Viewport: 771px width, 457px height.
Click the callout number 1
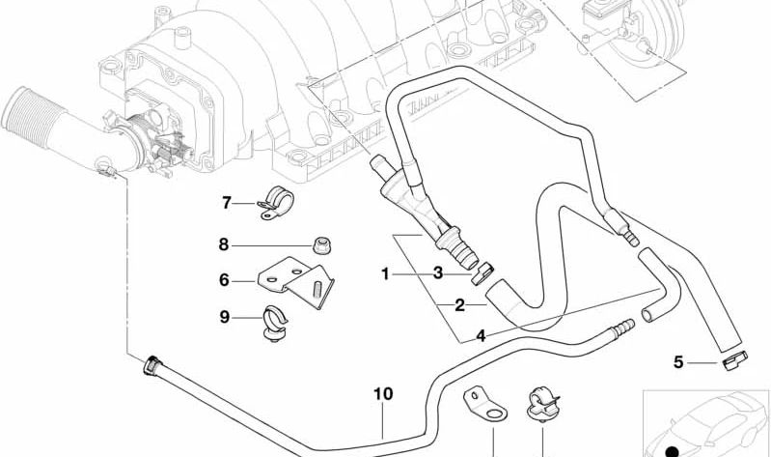tap(385, 274)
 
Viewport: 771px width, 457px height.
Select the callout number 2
tap(460, 305)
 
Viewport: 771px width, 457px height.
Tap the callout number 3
tap(437, 274)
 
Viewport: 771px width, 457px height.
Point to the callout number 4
tap(480, 336)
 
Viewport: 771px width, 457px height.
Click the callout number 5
tap(678, 362)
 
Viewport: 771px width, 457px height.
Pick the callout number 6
tap(224, 281)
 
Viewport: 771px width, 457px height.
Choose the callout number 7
tap(228, 203)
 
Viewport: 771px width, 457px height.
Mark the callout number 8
tap(224, 244)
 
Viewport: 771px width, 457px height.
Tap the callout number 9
tap(224, 316)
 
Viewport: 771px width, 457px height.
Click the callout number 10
tap(383, 394)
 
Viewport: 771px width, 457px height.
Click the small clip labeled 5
tap(734, 361)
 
